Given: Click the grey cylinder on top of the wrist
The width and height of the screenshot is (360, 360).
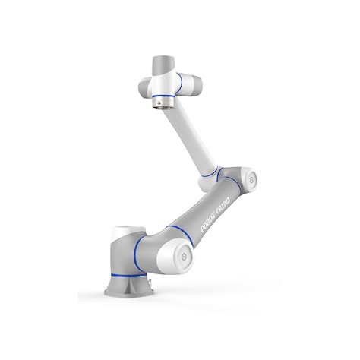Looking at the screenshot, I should (x=163, y=62).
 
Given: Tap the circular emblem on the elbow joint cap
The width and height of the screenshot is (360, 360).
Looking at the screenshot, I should (x=250, y=181).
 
